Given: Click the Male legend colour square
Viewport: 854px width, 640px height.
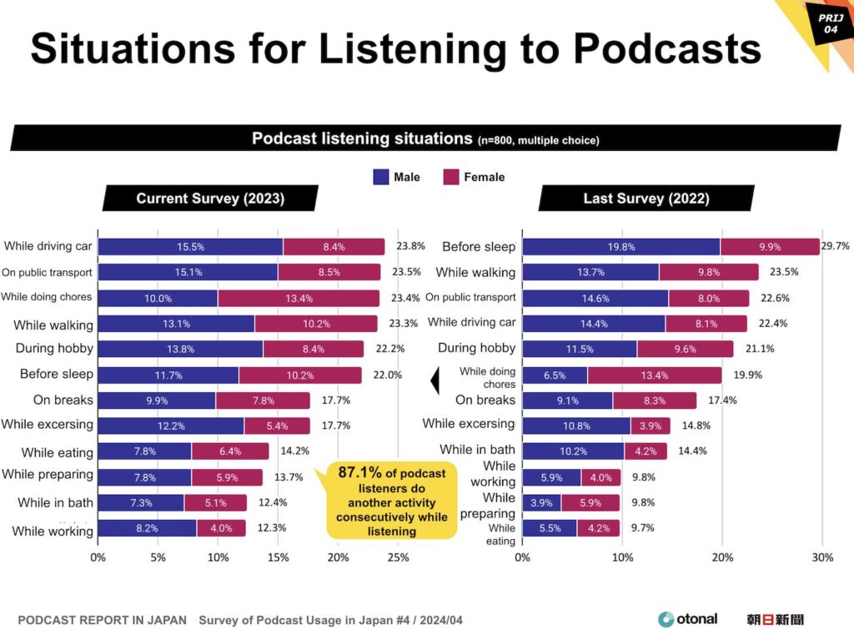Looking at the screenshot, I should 381,177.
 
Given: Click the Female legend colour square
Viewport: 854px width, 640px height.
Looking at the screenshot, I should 451,177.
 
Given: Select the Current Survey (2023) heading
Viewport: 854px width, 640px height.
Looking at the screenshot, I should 210,199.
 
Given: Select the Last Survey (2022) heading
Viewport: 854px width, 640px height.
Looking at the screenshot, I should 646,199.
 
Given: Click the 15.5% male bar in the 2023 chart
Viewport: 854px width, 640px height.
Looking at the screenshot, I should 190,247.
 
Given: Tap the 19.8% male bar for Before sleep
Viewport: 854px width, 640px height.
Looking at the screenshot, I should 620,247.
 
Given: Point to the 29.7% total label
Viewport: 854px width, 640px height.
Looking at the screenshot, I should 836,246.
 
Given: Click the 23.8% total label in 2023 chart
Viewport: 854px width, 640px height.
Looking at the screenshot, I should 409,246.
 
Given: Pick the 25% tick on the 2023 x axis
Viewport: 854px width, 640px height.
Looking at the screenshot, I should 399,557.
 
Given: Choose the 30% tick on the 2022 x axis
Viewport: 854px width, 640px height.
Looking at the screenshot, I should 822,557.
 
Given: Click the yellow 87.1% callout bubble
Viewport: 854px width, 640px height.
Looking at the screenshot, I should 392,501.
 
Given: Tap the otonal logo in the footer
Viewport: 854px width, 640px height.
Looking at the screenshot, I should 688,619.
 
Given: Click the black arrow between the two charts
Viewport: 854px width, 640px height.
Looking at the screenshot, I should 434,381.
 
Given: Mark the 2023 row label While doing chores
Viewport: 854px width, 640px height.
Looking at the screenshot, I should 47,297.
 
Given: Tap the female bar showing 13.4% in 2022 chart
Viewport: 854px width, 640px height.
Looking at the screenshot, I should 655,375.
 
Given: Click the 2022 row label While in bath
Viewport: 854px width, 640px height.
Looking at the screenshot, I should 477,450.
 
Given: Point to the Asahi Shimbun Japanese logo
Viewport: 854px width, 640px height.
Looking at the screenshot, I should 776,619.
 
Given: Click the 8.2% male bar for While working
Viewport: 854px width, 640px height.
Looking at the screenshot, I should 147,528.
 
